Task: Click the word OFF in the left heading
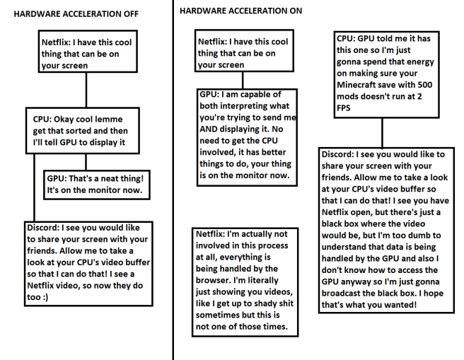[131, 14]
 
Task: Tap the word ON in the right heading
[296, 11]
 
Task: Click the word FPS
[343, 108]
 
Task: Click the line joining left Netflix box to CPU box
[86, 90]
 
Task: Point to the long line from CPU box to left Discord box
[35, 187]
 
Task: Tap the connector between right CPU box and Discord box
[383, 133]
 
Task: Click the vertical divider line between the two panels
[173, 180]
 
